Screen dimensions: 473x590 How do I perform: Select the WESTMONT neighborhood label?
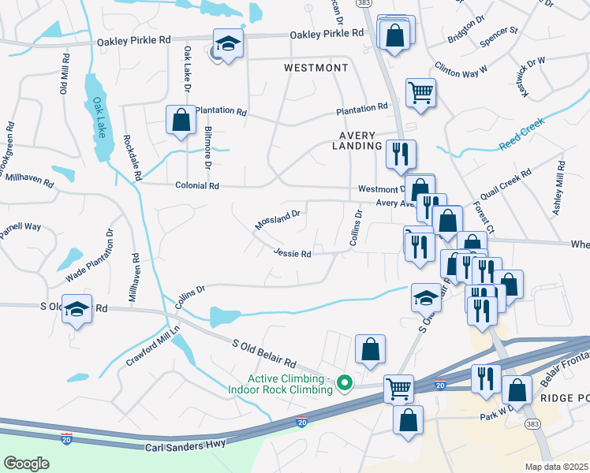tap(316, 69)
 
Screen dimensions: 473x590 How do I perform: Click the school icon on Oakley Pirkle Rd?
tap(228, 44)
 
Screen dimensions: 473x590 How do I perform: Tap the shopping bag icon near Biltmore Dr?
tap(181, 121)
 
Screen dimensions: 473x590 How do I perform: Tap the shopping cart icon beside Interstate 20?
tap(398, 388)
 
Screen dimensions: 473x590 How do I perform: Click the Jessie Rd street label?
tap(293, 254)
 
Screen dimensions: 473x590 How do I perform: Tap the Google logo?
tap(26, 464)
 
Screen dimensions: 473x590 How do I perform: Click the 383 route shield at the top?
tap(385, 4)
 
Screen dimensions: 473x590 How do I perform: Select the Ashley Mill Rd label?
tap(559, 188)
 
